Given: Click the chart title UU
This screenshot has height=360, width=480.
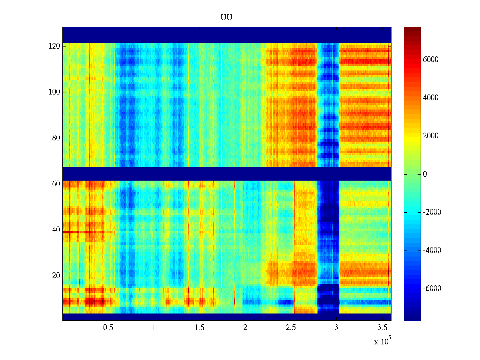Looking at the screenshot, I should pyautogui.click(x=226, y=18).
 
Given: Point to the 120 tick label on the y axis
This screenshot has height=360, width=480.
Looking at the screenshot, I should pyautogui.click(x=54, y=46).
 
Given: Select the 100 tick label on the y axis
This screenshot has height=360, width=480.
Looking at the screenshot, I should pyautogui.click(x=54, y=92).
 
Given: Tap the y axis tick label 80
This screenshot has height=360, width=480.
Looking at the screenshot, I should pyautogui.click(x=56, y=138).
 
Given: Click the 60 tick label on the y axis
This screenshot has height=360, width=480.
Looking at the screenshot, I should pyautogui.click(x=56, y=184).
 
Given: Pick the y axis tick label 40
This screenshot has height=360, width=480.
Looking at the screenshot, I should pyautogui.click(x=56, y=230).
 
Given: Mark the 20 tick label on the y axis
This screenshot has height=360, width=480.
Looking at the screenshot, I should pyautogui.click(x=56, y=276).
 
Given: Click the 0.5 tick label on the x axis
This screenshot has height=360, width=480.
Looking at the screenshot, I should pyautogui.click(x=108, y=328).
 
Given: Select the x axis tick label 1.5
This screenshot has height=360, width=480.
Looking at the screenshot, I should pyautogui.click(x=199, y=328).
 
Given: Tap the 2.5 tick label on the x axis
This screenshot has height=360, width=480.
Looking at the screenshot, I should pyautogui.click(x=291, y=328).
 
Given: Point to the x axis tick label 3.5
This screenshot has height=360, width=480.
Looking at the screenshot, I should pyautogui.click(x=382, y=328).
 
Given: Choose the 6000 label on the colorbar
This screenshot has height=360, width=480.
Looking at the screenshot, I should pyautogui.click(x=430, y=60).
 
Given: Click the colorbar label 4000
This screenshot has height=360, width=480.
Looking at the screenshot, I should pyautogui.click(x=430, y=98).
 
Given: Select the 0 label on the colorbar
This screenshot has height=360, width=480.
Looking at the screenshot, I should pyautogui.click(x=425, y=174).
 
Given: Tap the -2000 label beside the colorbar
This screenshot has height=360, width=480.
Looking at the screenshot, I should pyautogui.click(x=432, y=212).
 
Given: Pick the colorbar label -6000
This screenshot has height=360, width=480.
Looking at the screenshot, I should pyautogui.click(x=432, y=289).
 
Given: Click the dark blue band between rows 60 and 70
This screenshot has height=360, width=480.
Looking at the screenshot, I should pyautogui.click(x=227, y=173).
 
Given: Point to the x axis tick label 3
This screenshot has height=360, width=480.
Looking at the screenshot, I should pyautogui.click(x=336, y=328).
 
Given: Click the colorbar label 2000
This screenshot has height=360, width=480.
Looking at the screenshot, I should pyautogui.click(x=430, y=136).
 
